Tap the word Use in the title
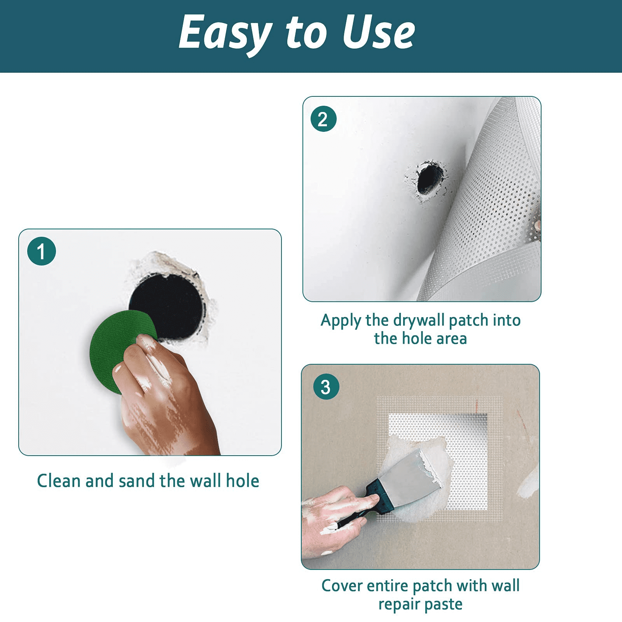[379, 33]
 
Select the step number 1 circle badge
[42, 251]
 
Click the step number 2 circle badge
[323, 119]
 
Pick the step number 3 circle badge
[326, 387]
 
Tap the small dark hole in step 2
[429, 179]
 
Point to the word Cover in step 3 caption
[342, 585]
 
